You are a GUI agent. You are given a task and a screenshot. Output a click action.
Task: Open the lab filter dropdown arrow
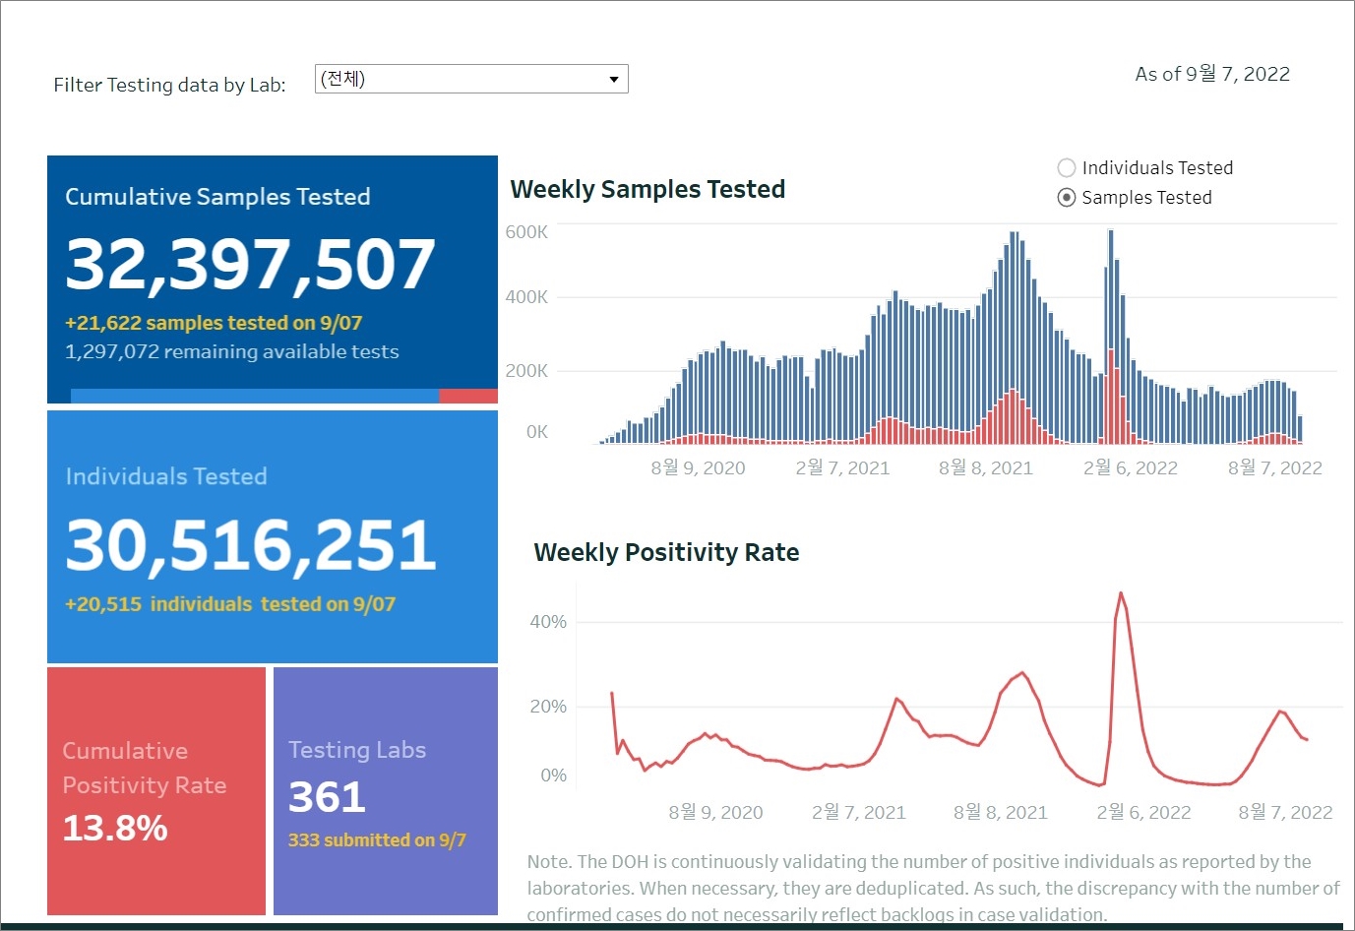(x=613, y=79)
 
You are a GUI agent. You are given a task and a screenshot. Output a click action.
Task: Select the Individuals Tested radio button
(x=1066, y=168)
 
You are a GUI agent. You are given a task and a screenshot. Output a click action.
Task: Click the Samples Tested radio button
(x=1066, y=198)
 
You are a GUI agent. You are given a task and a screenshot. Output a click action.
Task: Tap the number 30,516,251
(x=250, y=544)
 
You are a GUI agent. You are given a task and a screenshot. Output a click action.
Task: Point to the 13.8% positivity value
(x=115, y=828)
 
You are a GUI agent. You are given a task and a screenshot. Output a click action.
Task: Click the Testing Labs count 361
(x=327, y=796)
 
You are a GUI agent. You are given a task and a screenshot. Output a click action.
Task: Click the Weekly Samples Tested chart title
(x=647, y=189)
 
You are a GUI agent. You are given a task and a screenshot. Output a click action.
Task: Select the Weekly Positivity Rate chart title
(x=666, y=552)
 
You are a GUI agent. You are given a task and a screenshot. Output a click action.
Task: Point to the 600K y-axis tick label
(x=526, y=232)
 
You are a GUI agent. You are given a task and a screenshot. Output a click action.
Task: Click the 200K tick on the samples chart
(x=526, y=371)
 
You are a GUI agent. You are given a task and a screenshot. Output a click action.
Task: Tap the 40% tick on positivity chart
(x=548, y=622)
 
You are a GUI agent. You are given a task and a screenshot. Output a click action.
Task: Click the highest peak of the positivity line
(x=1121, y=593)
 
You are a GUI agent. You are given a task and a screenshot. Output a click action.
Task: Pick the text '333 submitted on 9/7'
(x=377, y=839)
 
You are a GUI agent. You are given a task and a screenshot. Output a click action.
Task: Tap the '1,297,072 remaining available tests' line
(x=232, y=351)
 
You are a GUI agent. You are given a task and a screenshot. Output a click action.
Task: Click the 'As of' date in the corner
(x=1212, y=74)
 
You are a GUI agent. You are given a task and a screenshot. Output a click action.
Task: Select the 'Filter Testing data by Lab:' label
(x=169, y=85)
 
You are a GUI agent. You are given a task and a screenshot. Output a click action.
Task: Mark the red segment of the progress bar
(x=467, y=396)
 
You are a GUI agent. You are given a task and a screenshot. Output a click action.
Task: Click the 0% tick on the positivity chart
(x=553, y=776)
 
